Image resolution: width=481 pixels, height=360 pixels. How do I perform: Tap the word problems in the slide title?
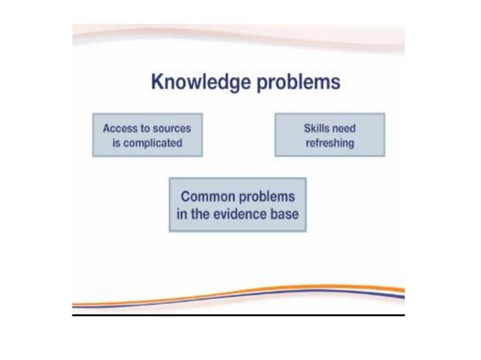pyautogui.click(x=299, y=82)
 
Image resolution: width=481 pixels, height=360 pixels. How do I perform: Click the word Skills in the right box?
pyautogui.click(x=317, y=128)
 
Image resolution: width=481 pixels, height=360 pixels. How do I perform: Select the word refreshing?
pyautogui.click(x=329, y=142)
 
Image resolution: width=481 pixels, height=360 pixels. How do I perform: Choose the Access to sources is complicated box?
pyautogui.click(x=148, y=135)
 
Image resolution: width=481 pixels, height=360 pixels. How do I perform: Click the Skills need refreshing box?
pyautogui.click(x=329, y=135)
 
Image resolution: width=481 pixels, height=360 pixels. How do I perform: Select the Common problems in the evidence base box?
pyautogui.click(x=237, y=204)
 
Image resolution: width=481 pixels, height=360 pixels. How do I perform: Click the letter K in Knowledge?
pyautogui.click(x=158, y=81)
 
